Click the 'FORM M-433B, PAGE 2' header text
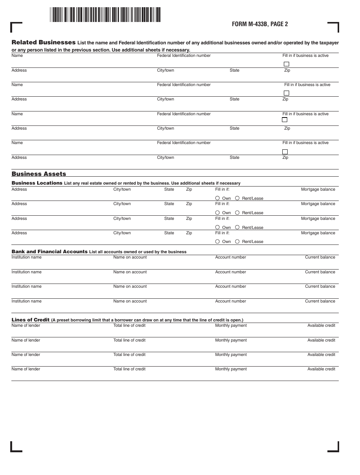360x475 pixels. pos(260,24)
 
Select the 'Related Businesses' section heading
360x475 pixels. pos(44,42)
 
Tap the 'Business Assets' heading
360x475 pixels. pos(39,174)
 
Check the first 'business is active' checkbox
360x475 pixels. pos(286,64)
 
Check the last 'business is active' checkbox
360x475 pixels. pos(285,152)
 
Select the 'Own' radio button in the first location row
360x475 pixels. pos(218,198)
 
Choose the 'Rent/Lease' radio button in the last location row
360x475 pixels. pos(237,241)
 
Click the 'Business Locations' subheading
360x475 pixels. pos(37,183)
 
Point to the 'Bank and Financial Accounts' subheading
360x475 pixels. pos(49,252)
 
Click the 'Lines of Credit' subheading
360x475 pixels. pos(30,320)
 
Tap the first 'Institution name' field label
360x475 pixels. pos(27,257)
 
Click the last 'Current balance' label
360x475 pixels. pos(320,301)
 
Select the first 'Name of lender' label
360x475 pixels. pos(26,326)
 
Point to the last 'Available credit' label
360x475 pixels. pos(321,369)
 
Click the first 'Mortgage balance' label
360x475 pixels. pos(318,190)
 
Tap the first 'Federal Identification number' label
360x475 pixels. pos(184,56)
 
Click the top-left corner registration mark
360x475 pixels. pos(16,27)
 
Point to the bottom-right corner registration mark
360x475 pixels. pos(333,447)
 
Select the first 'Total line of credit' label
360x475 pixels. pos(129,326)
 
